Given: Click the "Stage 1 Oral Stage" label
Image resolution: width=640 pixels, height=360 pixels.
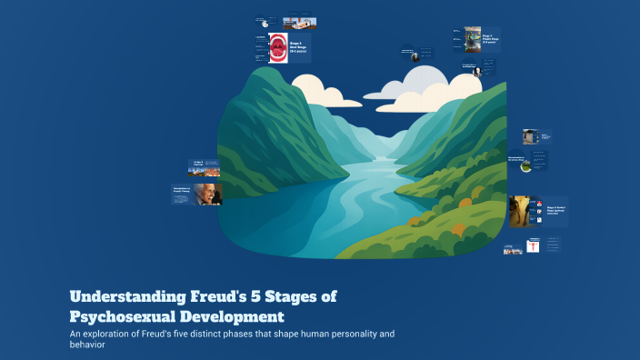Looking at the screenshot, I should (x=299, y=45).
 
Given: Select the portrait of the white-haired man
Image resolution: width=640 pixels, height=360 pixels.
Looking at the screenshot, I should (x=206, y=194).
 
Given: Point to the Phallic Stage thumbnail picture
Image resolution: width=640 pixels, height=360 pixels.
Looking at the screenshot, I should (x=473, y=39).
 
